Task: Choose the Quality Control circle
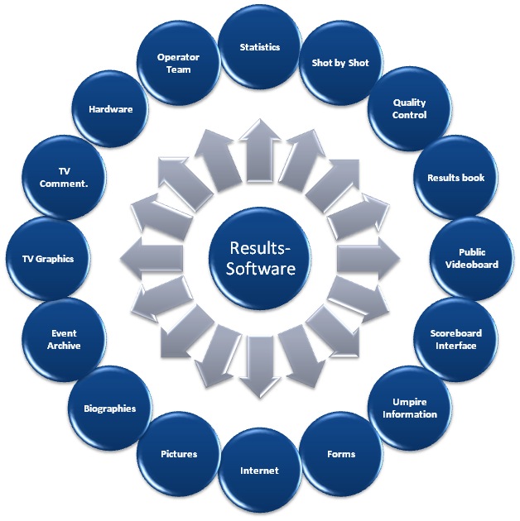pos(409,110)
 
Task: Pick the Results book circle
pos(455,178)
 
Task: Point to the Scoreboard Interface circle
pos(455,339)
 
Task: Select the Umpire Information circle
pos(409,408)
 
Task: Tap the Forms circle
pos(340,454)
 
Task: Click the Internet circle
pos(259,471)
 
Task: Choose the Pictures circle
pos(180,454)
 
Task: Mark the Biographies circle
pos(110,409)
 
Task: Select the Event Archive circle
pos(64,340)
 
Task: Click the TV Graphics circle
pos(47,259)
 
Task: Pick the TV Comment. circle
pos(64,178)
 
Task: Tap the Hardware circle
pos(111,109)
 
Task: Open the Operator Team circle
pos(179,64)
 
